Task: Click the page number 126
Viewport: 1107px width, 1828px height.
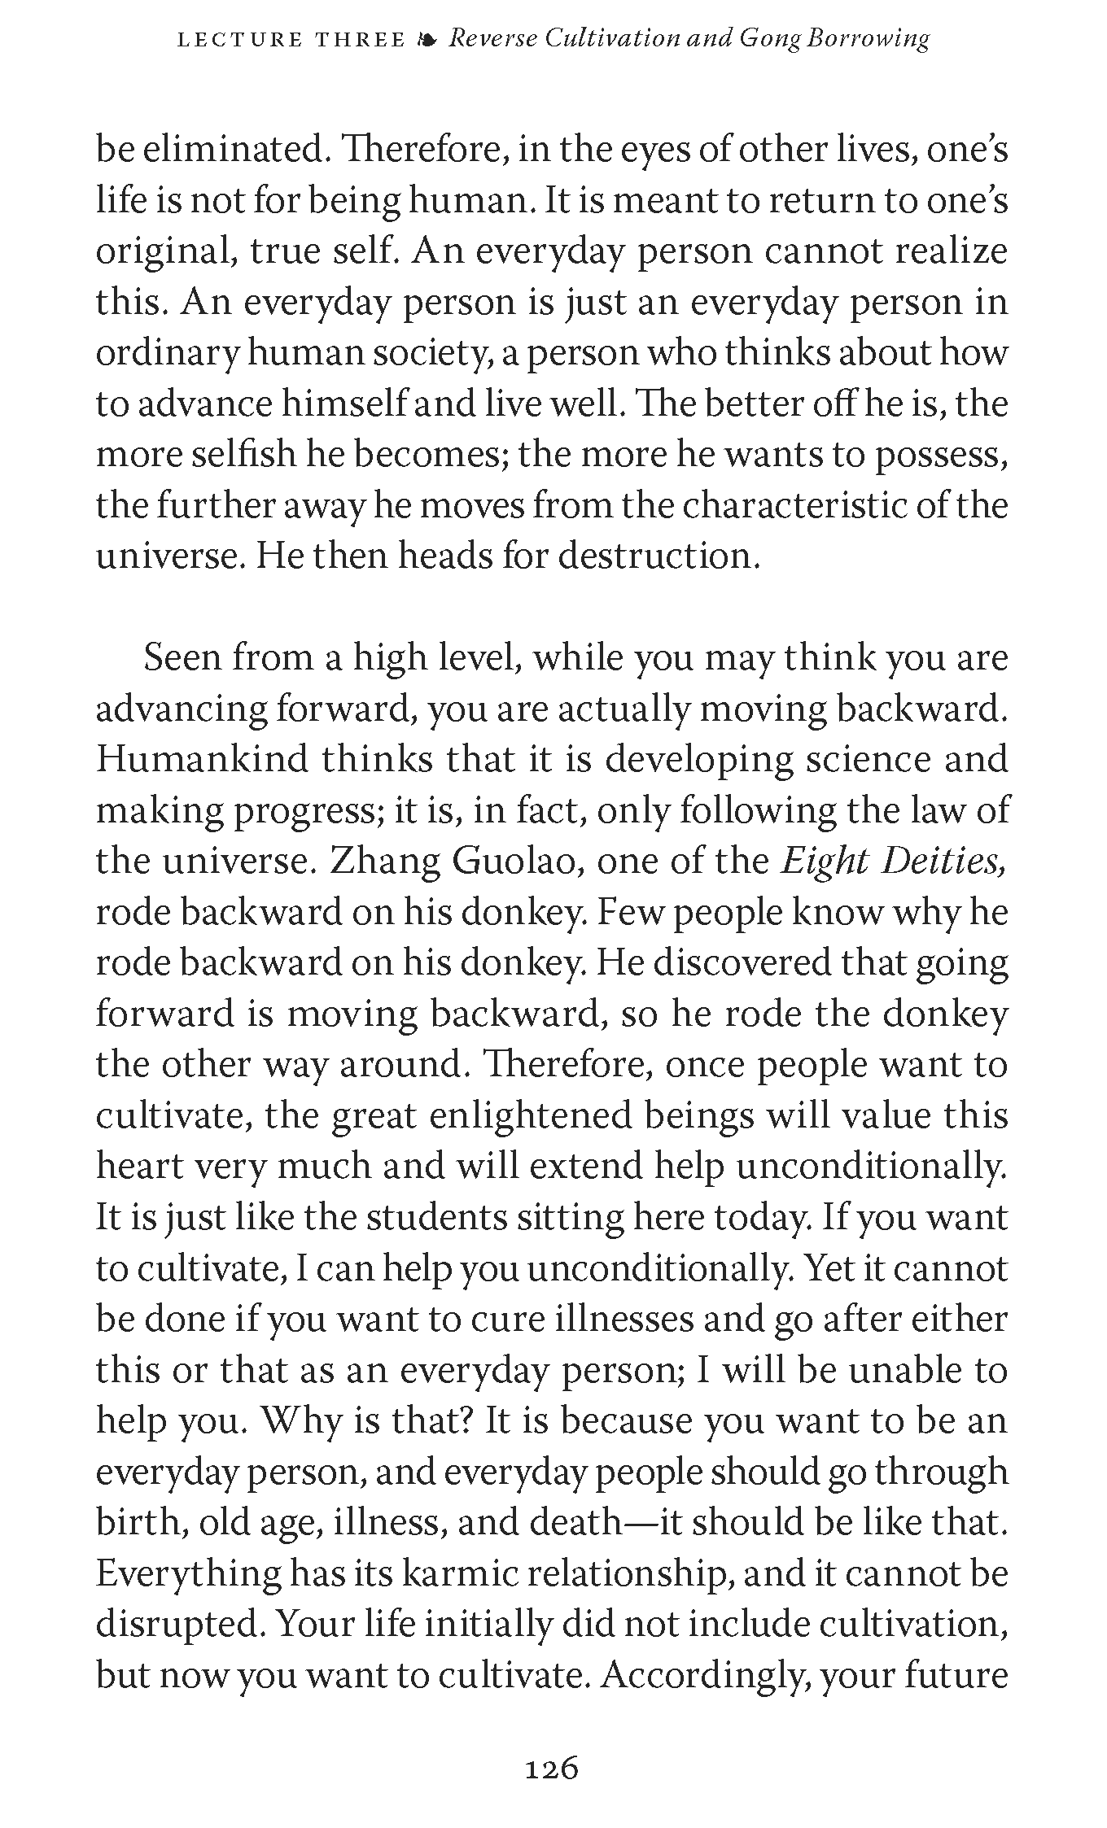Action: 552,1768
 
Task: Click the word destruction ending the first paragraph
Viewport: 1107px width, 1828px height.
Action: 660,556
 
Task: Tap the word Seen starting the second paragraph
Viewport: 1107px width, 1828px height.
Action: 182,658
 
